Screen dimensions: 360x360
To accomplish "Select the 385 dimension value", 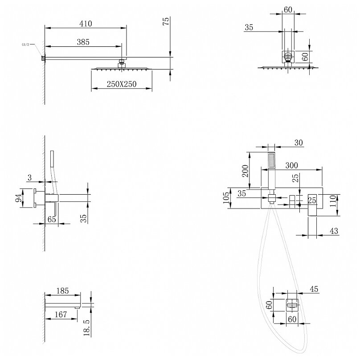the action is tap(83, 42).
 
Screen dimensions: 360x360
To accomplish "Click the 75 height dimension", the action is tap(166, 23).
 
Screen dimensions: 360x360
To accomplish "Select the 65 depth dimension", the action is tap(51, 219).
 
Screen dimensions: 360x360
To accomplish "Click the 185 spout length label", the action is tap(62, 291).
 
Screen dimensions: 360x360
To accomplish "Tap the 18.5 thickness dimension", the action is tap(86, 326).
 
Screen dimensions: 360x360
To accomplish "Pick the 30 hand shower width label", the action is tap(298, 143).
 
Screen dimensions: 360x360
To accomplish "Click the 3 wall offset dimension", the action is tap(29, 178).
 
